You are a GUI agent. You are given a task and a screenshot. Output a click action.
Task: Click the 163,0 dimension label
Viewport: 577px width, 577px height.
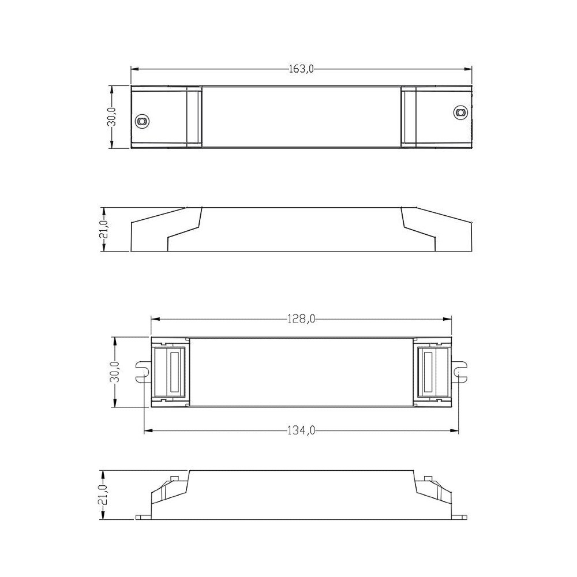(301, 69)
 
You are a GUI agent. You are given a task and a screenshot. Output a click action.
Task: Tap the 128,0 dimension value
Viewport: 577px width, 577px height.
(301, 319)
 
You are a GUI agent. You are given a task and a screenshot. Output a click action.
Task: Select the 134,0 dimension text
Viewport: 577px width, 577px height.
(301, 430)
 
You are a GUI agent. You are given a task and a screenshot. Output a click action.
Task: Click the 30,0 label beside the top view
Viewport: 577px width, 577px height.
(112, 117)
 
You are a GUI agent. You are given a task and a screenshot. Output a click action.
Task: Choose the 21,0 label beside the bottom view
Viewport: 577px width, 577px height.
(103, 494)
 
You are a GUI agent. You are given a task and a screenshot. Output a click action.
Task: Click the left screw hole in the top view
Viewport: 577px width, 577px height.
(141, 121)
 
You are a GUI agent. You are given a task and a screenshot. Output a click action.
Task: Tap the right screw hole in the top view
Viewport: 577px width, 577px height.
(460, 112)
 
